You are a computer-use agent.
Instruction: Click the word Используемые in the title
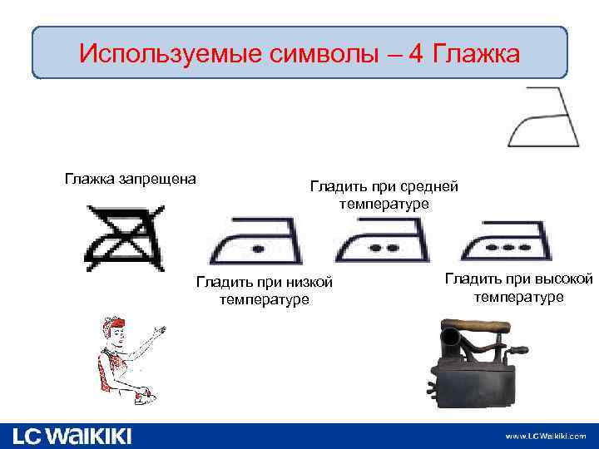click(171, 53)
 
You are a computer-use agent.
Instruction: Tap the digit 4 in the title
click(416, 52)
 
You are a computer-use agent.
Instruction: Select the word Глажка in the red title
click(477, 52)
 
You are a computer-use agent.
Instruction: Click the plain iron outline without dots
click(543, 117)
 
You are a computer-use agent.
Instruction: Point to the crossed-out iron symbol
click(125, 238)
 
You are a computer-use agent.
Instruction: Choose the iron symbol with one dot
click(256, 240)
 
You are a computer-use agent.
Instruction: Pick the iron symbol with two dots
click(382, 239)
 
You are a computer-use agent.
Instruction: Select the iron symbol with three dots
click(506, 240)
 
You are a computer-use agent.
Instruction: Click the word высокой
click(563, 279)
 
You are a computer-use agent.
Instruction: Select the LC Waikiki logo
click(72, 436)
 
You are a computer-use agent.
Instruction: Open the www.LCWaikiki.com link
click(546, 436)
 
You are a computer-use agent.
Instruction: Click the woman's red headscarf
click(112, 324)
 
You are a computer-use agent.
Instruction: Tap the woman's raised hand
click(160, 331)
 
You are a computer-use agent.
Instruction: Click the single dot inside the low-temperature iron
click(258, 249)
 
